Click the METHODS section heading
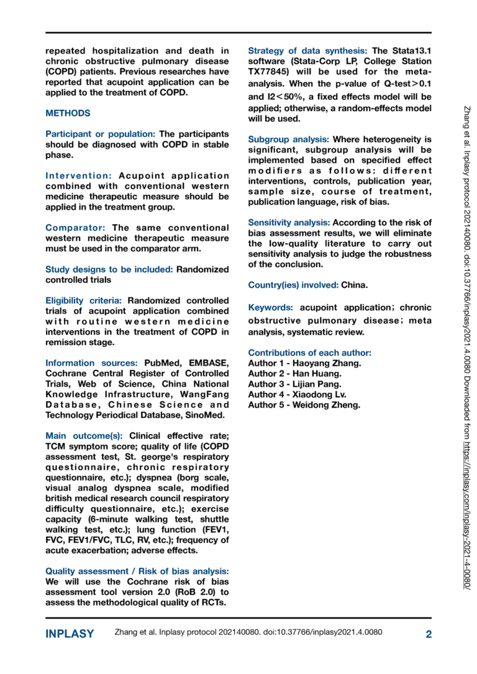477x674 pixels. pyautogui.click(x=68, y=114)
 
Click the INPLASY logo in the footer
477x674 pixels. pyautogui.click(x=70, y=634)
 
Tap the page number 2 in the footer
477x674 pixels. pyautogui.click(x=428, y=634)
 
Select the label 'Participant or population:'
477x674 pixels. pyautogui.click(x=101, y=134)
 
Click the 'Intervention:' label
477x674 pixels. pyautogui.click(x=78, y=176)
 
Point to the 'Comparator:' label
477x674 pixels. pyautogui.click(x=75, y=228)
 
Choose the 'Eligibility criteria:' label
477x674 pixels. pyautogui.click(x=84, y=300)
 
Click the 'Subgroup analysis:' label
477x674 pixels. pyautogui.click(x=289, y=139)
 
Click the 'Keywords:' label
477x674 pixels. pyautogui.click(x=271, y=307)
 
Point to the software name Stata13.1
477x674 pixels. pyautogui.click(x=411, y=51)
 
